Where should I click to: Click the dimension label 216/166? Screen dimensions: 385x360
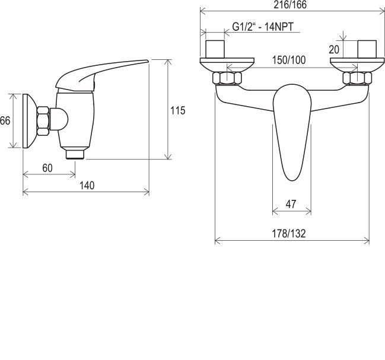click(290, 5)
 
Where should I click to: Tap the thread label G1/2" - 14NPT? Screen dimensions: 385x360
click(263, 27)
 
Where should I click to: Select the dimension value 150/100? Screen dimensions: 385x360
click(289, 60)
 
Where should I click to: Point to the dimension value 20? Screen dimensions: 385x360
click(334, 50)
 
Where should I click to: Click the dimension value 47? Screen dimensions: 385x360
click(291, 204)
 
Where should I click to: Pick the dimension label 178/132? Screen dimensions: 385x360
click(289, 234)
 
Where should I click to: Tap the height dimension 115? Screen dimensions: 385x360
click(178, 110)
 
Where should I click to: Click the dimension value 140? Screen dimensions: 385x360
click(87, 186)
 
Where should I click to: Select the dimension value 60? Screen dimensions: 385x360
click(47, 168)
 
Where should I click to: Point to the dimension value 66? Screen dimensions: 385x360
click(5, 121)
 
